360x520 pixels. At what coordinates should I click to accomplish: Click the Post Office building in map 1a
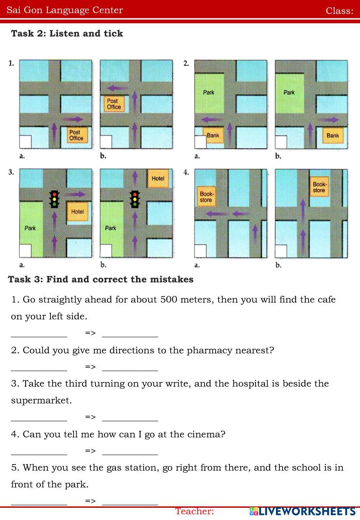click(x=76, y=135)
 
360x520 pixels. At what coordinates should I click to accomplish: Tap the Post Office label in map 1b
click(x=114, y=104)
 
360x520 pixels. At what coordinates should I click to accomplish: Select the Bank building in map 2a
click(x=213, y=135)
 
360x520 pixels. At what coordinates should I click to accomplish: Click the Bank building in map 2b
click(x=332, y=135)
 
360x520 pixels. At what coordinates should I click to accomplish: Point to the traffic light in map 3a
click(x=55, y=198)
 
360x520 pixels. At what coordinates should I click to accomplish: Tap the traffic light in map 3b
click(x=135, y=198)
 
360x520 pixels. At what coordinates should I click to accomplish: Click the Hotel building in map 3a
click(x=77, y=211)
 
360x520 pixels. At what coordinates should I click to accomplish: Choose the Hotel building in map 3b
click(x=158, y=179)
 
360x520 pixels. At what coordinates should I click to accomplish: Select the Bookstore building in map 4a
click(x=206, y=197)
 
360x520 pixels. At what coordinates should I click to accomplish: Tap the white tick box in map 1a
click(x=25, y=142)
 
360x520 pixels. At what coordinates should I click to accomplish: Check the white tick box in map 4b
click(x=281, y=251)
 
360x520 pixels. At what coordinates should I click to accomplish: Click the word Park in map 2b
click(x=289, y=93)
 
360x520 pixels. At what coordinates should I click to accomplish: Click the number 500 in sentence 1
click(x=168, y=300)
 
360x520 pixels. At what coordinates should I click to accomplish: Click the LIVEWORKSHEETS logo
click(x=302, y=511)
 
